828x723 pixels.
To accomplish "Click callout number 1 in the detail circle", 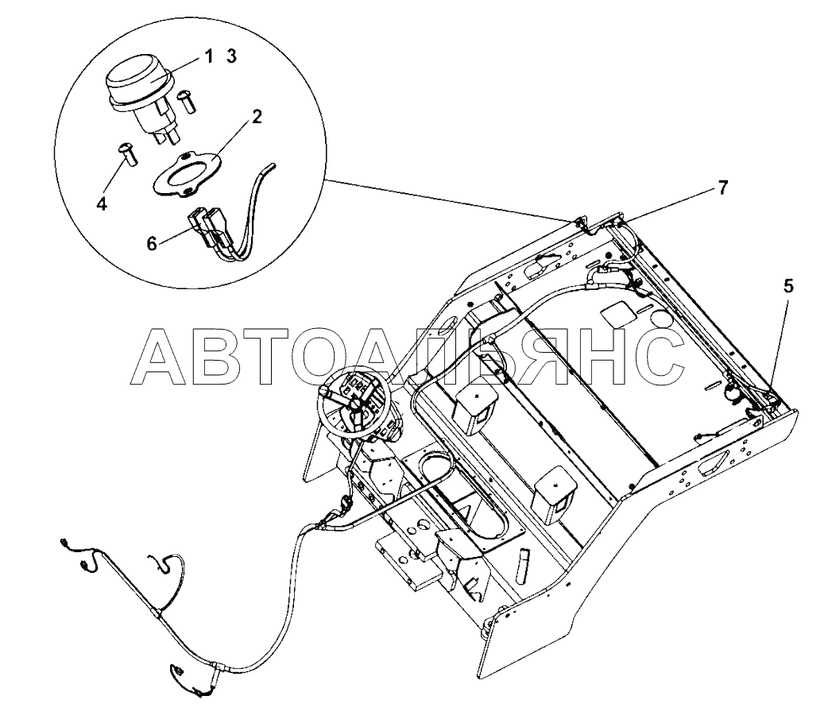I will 208,56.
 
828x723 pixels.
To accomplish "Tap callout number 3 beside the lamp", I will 231,56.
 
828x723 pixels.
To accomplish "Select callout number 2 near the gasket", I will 256,118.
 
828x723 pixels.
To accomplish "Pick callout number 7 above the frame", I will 722,188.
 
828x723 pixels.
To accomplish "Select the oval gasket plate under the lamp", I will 185,174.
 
